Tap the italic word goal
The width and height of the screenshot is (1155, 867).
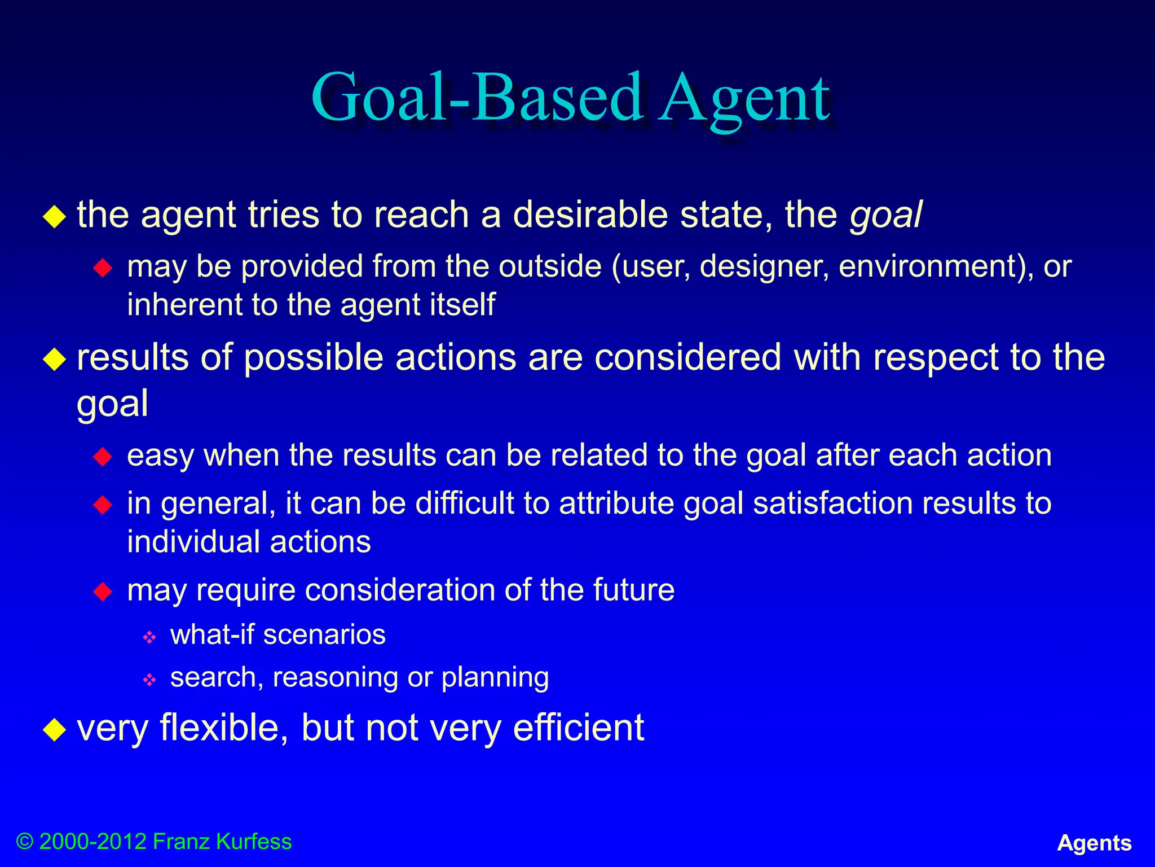coord(885,216)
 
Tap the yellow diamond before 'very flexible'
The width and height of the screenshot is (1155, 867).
coord(55,729)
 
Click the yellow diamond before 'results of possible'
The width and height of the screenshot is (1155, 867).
coord(55,359)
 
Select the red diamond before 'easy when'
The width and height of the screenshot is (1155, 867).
coord(103,456)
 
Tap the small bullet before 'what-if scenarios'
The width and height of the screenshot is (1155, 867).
coord(149,637)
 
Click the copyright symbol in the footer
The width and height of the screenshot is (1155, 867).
coord(25,842)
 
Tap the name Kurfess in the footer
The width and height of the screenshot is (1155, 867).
coord(254,842)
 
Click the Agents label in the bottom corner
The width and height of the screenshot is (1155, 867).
coord(1094,843)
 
